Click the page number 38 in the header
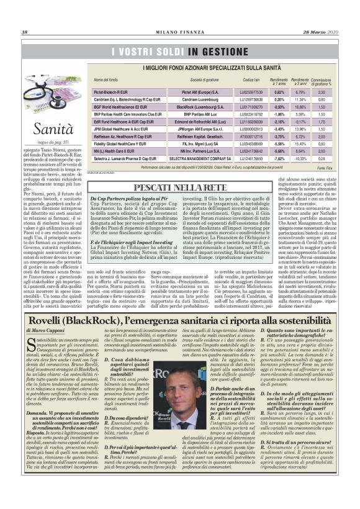tap(25, 32)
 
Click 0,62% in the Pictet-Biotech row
tap(280, 92)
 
